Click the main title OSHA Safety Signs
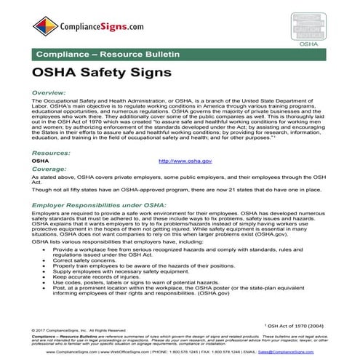click(x=102, y=73)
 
